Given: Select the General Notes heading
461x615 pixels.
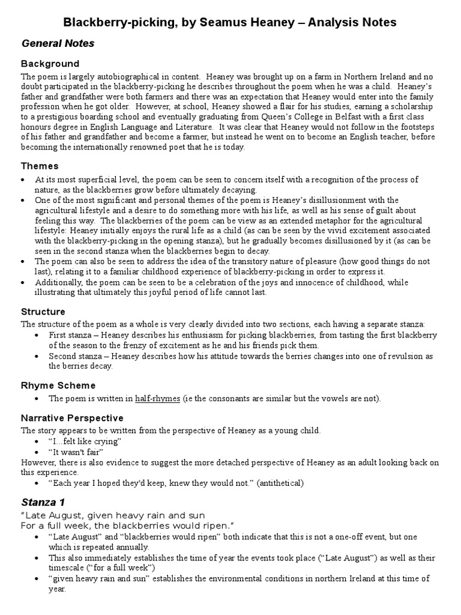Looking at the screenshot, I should pos(58,43).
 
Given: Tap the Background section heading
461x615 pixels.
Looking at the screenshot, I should pos(50,63).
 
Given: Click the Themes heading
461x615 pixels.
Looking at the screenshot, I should pos(40,166).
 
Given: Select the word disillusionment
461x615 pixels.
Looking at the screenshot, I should pos(341,199).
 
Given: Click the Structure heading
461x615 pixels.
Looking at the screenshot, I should pos(43,312).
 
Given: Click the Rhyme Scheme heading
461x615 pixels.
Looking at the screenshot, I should pos(58,385).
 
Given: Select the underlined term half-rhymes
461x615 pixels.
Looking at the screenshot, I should pos(157,398).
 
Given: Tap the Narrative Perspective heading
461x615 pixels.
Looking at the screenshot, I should pos(72,417).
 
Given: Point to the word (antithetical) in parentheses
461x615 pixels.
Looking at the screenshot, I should pos(281,483).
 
